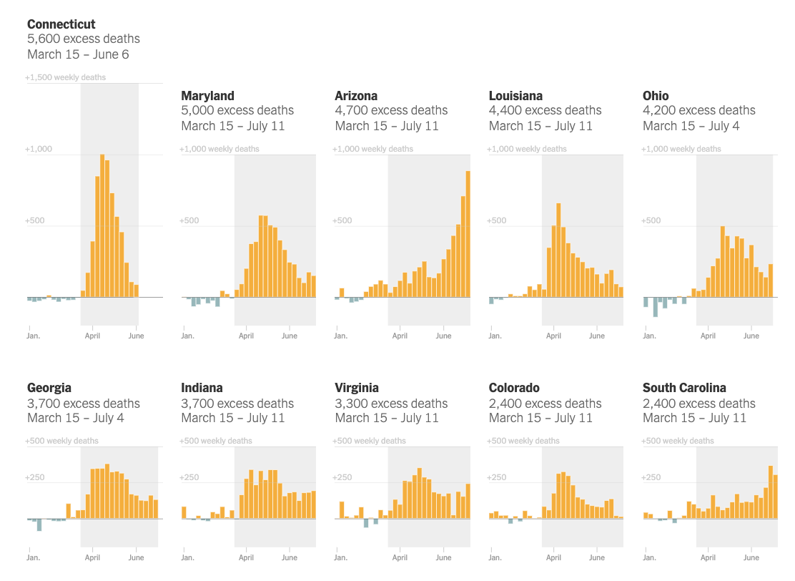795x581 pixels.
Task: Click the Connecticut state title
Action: pos(61,24)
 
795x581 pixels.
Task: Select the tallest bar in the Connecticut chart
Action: pos(102,225)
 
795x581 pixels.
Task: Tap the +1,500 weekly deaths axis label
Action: pos(66,77)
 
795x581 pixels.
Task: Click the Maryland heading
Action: pos(207,96)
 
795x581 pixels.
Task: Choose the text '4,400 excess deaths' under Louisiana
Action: pos(545,110)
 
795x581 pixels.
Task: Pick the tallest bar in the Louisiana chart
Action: pos(558,250)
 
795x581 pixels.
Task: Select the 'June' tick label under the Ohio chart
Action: pos(751,336)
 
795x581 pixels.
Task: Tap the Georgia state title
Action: pos(49,388)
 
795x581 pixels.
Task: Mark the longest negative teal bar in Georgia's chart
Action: pos(39,524)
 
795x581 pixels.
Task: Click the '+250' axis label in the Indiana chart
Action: pos(190,477)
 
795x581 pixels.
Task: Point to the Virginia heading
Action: pos(356,388)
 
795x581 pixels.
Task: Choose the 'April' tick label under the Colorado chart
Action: pos(553,557)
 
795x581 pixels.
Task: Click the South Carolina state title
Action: pos(684,388)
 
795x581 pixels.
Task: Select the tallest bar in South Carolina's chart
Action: pos(771,492)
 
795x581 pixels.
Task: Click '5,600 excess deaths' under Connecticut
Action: pos(84,39)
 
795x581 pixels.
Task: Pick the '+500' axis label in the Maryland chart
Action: pos(189,220)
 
